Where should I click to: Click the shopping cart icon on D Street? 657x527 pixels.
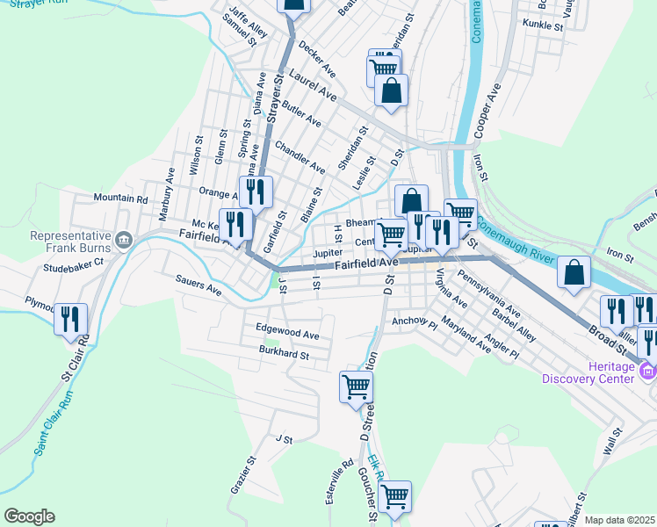(356, 386)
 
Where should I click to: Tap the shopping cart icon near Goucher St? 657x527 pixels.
(394, 497)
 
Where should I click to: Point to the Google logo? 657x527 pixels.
(29, 516)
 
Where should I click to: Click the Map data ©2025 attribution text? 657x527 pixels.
(620, 520)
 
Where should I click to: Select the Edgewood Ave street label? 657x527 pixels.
(287, 335)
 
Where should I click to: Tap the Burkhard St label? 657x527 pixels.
(285, 356)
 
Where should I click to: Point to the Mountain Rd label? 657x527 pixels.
(120, 199)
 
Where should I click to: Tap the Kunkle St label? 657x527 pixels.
(542, 26)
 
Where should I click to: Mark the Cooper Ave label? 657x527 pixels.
(486, 110)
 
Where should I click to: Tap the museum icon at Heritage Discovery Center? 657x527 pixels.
(648, 372)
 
